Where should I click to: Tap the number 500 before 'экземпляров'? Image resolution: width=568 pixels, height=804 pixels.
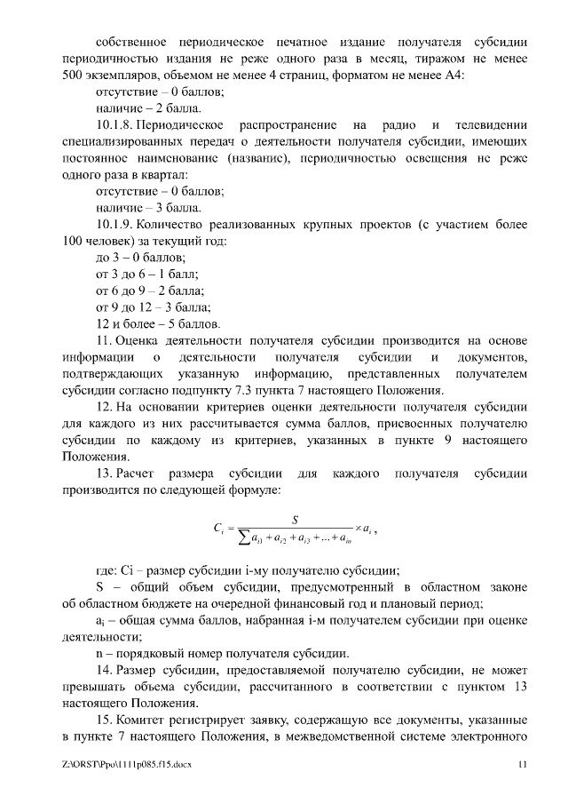pos(74,75)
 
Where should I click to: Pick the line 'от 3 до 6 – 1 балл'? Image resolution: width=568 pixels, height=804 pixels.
pos(146,274)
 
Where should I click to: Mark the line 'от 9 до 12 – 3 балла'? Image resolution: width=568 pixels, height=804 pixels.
pos(153,306)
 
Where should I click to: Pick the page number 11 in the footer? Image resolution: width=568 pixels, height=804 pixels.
pos(523,764)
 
